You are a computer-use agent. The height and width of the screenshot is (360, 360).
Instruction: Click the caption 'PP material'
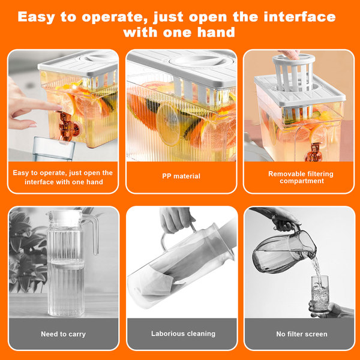pos(181,176)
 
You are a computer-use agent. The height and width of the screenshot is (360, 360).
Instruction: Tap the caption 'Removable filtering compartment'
pos(301,177)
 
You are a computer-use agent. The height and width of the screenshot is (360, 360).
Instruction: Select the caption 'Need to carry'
pos(64,334)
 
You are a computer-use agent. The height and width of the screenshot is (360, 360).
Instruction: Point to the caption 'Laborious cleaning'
pos(183,334)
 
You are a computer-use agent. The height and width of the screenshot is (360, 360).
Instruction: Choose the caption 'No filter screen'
pos(302,334)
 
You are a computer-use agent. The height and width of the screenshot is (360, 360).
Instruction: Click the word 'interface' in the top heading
pos(299,17)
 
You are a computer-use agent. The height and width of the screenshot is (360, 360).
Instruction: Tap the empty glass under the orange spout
pos(54,149)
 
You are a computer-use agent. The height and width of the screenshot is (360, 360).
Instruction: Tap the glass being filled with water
pos(320,295)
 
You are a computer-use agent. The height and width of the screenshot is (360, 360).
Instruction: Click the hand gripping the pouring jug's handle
pos(284,220)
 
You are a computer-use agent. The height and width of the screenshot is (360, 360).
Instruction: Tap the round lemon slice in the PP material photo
pos(168,125)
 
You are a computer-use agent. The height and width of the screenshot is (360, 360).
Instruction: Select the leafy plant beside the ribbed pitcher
pos(26,250)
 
